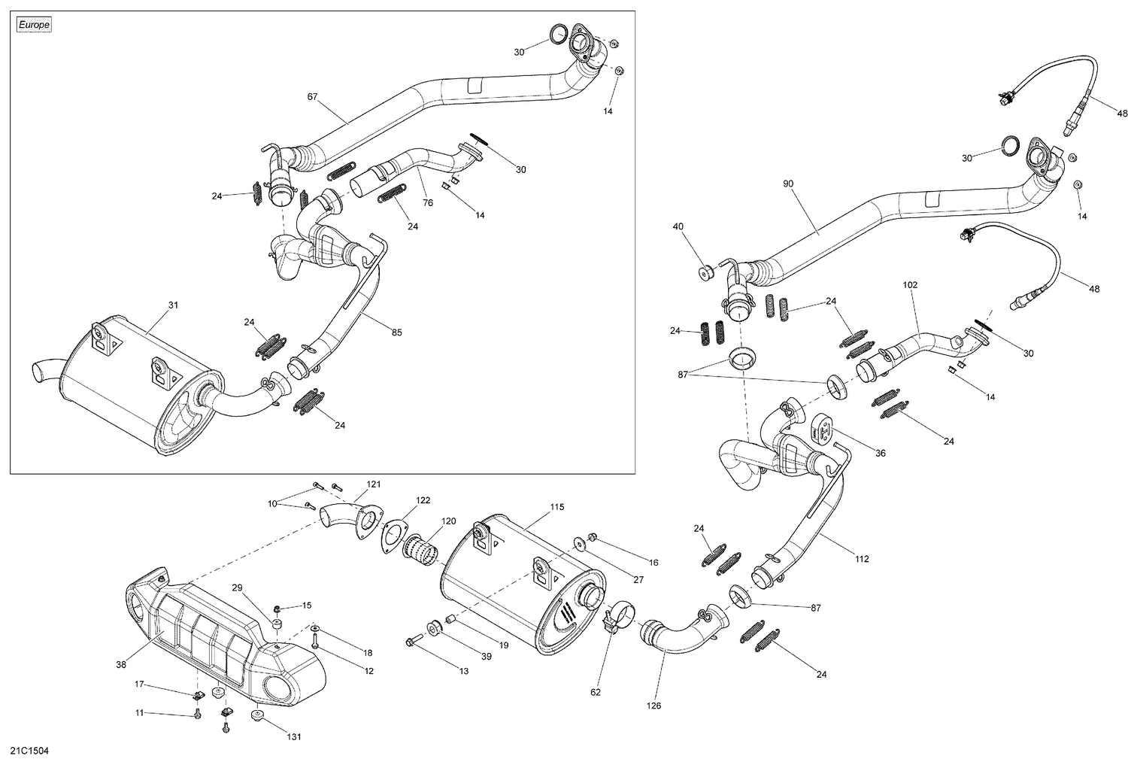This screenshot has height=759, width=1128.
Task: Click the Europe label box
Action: (x=34, y=25)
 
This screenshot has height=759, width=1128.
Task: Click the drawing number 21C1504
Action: (x=29, y=751)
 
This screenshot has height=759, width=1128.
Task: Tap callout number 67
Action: (x=313, y=97)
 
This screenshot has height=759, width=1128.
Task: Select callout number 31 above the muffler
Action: (x=173, y=305)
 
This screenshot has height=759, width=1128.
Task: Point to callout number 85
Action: (x=396, y=332)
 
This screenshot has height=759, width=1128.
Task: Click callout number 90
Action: (x=788, y=184)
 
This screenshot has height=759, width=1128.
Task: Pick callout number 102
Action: (x=911, y=285)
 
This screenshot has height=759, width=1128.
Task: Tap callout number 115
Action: (x=556, y=507)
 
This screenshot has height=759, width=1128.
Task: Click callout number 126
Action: (x=653, y=706)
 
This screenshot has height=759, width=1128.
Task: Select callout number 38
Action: (x=121, y=664)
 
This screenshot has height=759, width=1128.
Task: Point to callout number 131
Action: (x=293, y=736)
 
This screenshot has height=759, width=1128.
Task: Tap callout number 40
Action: (x=678, y=226)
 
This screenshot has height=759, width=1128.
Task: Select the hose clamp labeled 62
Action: (x=616, y=620)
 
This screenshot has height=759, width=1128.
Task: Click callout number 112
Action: (x=862, y=559)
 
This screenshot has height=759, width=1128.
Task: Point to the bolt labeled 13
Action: (x=412, y=641)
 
